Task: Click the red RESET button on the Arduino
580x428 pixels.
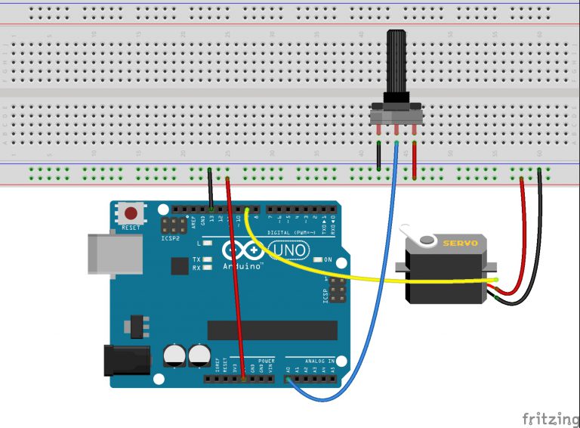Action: pos(131,214)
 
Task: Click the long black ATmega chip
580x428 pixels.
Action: pos(272,330)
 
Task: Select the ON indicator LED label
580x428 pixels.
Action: pos(328,260)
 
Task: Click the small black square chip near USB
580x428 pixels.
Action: pos(179,265)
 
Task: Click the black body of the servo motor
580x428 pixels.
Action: pos(446,276)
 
